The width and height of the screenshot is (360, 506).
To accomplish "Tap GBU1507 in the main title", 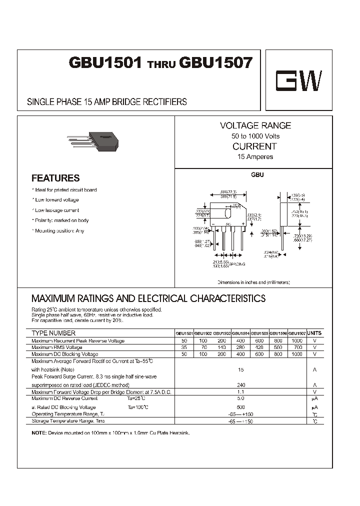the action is tap(216, 63).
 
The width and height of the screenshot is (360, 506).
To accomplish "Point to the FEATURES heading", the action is tap(55, 178).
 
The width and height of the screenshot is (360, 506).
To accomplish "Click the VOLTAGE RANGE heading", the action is tap(255, 125).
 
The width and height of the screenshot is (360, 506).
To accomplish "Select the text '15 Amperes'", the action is tap(255, 157).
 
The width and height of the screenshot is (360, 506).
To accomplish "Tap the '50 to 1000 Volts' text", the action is tap(255, 136).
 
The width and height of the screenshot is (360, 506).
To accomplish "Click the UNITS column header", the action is tap(314, 332).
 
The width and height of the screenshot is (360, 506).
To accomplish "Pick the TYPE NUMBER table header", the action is tap(53, 333).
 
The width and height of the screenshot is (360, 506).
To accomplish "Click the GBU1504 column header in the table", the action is tap(240, 333).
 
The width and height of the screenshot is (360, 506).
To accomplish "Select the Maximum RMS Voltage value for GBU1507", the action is tap(297, 347).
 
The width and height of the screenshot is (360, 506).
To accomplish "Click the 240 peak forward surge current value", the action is tap(240, 385).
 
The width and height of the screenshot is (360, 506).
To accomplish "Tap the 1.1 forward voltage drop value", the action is tap(240, 392).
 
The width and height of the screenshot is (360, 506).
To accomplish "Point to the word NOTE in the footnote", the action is tap(38, 432).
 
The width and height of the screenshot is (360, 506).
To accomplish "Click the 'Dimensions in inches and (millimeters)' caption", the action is tap(253, 282).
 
